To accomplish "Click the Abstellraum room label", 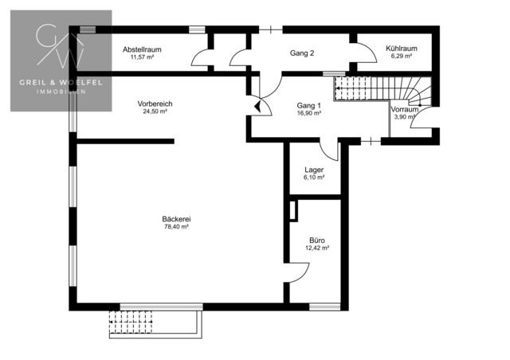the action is [142, 49].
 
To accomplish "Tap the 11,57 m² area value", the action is [142, 57].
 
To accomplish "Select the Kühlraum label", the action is [402, 49].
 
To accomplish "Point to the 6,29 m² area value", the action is [402, 56].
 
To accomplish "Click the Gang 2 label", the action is [302, 53].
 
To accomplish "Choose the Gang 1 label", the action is [308, 106].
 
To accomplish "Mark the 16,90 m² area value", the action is [309, 113].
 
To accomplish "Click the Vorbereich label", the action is [155, 104].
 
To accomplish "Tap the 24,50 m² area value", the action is [155, 112].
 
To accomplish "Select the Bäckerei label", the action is [176, 219].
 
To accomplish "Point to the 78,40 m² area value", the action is [176, 227].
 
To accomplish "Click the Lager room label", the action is [314, 170].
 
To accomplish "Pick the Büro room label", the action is [317, 241].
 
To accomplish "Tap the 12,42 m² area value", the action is [317, 248].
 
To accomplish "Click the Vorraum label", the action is [404, 109].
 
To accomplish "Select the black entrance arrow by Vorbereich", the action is [257, 107].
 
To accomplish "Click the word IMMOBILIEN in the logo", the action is [61, 92].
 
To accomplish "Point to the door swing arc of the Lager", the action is [328, 155].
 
